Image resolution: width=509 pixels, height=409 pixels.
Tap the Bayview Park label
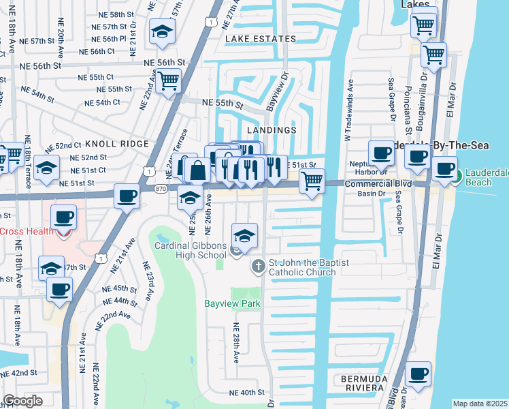tap(224, 302)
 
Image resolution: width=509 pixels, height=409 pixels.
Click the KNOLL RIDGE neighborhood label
tap(116, 144)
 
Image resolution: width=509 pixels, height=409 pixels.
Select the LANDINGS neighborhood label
tap(272, 130)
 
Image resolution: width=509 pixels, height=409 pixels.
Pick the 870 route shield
tap(161, 188)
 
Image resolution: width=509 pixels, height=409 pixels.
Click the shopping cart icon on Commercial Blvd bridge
tap(312, 181)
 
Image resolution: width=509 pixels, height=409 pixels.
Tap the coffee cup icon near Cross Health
tap(64, 217)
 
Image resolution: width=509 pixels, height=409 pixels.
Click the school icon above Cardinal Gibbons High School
tap(245, 236)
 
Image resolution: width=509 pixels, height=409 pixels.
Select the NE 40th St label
tap(246, 393)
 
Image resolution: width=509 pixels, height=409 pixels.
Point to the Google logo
tap(22, 401)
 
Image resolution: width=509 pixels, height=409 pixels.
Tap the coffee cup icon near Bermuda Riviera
tap(418, 374)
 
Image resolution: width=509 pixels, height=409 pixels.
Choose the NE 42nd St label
tap(19, 373)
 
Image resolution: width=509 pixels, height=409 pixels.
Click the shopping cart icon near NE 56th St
tap(168, 81)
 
